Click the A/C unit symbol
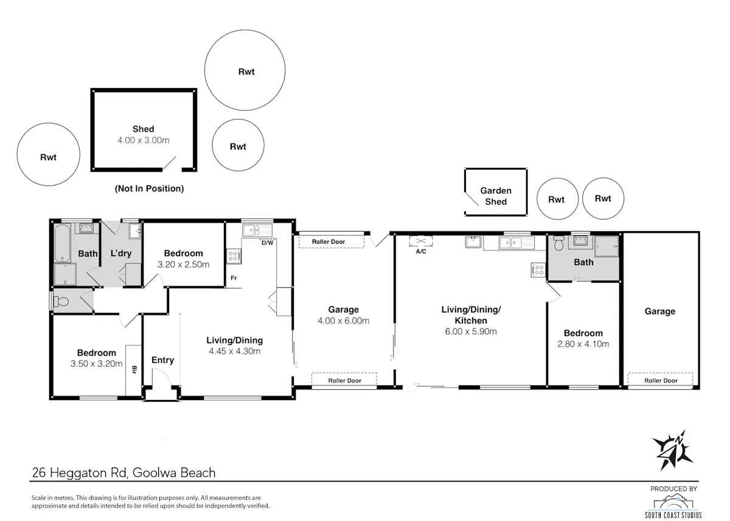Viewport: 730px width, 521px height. click(x=421, y=241)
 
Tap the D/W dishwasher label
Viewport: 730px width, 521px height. click(x=268, y=243)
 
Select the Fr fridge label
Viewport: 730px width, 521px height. click(x=234, y=278)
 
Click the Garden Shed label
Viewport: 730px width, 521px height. click(x=496, y=196)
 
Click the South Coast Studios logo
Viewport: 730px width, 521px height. click(x=673, y=506)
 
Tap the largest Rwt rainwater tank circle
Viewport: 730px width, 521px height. click(x=245, y=70)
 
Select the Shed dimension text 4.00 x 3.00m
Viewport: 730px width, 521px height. click(x=144, y=140)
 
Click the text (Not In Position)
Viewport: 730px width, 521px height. click(x=149, y=188)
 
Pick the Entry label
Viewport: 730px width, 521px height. click(x=162, y=360)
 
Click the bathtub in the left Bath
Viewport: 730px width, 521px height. click(x=62, y=243)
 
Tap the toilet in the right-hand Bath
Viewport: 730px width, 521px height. click(x=558, y=243)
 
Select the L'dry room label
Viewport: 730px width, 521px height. click(x=121, y=254)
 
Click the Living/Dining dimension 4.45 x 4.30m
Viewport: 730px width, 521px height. click(x=235, y=351)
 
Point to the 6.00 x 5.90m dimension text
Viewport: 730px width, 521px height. click(x=471, y=331)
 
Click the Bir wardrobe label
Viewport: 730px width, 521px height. click(x=134, y=370)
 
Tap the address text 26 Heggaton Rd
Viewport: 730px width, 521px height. click(x=80, y=472)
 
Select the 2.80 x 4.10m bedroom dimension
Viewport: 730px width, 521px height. click(x=583, y=344)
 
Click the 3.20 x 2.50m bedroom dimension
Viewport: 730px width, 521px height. click(x=184, y=264)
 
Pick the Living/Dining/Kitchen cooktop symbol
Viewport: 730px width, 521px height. click(x=538, y=270)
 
